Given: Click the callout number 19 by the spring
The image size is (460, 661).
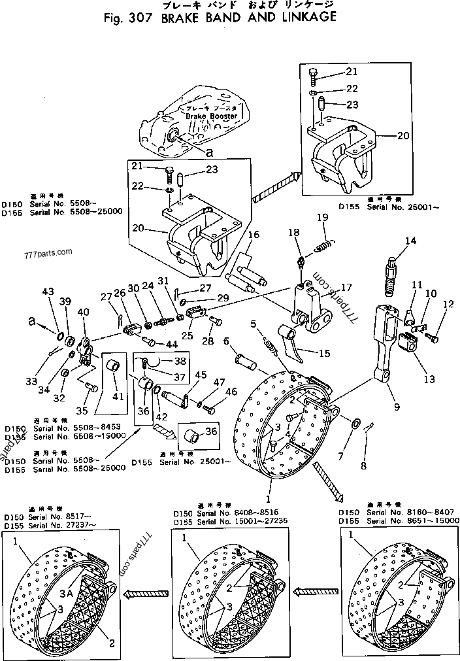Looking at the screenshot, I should tap(322, 218).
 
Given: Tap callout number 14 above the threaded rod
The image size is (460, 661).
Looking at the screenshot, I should tap(410, 241).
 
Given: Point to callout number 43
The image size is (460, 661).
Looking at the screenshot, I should tap(47, 291).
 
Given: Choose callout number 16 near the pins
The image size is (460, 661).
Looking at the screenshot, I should tap(254, 235).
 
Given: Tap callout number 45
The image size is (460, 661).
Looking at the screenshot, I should tap(199, 375).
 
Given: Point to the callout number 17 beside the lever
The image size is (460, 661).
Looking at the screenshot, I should tap(346, 286).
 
